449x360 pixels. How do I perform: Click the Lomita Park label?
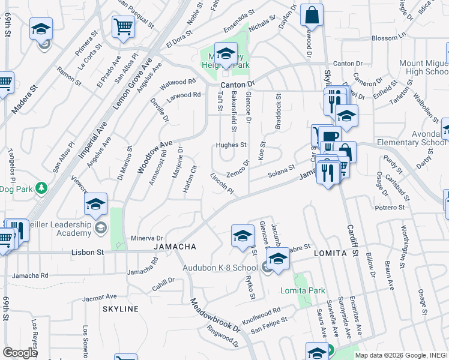[x=303, y=291]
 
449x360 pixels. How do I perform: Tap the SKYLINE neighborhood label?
[x=120, y=309]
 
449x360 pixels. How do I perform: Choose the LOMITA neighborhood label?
[x=330, y=254]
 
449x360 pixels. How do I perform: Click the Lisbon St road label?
[x=88, y=253]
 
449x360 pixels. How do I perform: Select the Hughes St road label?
[x=231, y=145]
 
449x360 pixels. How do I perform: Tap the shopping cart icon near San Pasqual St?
[x=122, y=26]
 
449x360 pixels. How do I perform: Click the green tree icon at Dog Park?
[x=41, y=188]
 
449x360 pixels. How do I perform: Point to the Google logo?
[x=20, y=352]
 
